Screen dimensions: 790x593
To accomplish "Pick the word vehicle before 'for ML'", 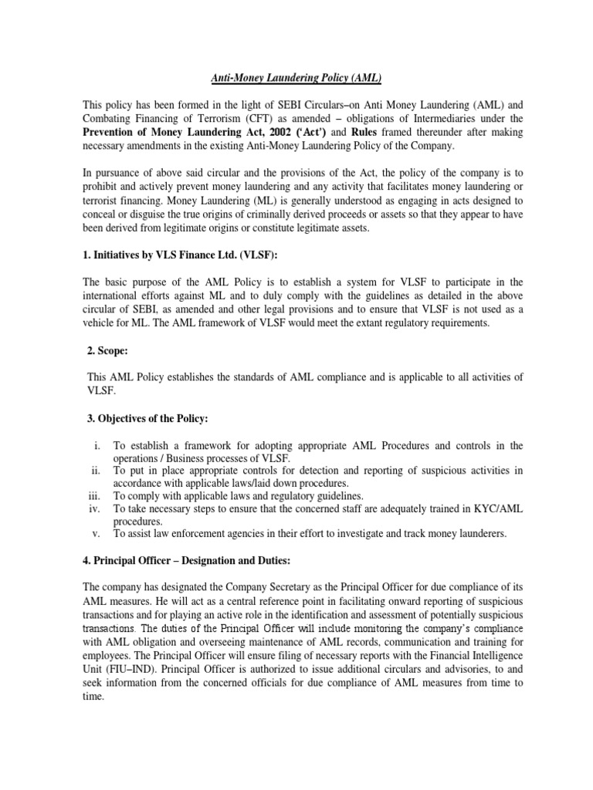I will point(101,324).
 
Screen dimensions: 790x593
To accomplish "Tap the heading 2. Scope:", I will point(109,350).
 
